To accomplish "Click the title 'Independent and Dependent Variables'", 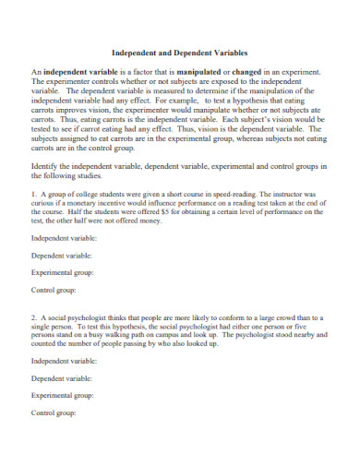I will point(179,54).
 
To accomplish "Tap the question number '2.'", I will point(35,316).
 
